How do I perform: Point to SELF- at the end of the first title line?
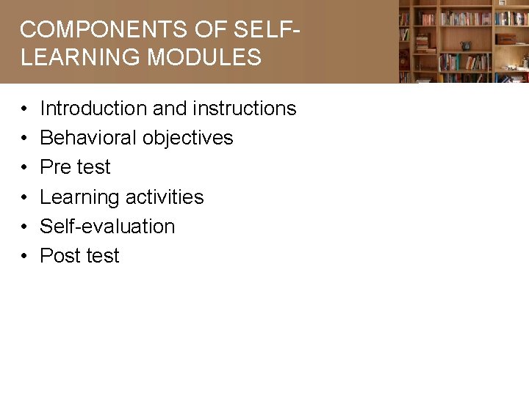pos(267,30)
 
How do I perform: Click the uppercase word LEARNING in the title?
pos(82,58)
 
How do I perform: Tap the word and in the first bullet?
pos(170,109)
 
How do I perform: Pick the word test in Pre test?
pos(93,167)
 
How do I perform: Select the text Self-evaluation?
pos(107,227)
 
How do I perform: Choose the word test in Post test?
pos(102,256)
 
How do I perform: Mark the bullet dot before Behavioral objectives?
pos(25,139)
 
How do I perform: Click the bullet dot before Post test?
pos(25,257)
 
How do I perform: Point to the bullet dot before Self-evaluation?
pos(25,227)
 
